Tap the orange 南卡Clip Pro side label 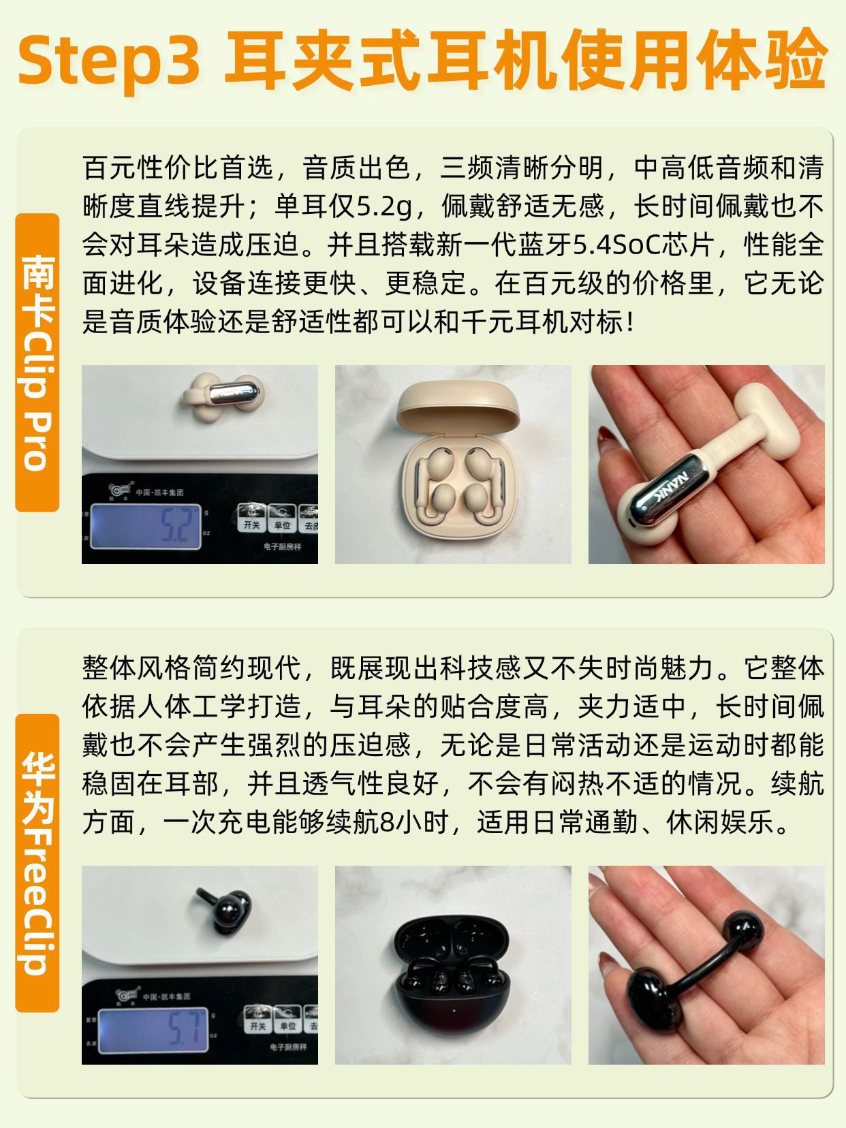point(37,362)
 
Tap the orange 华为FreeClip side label point(37,863)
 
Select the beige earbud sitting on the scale point(223,396)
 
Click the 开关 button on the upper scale point(252,518)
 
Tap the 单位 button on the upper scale point(282,518)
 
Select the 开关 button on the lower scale point(257,1019)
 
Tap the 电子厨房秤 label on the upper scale point(282,547)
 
